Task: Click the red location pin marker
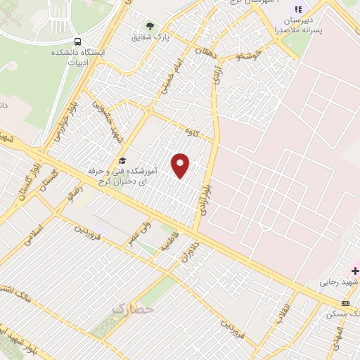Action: pyautogui.click(x=181, y=165)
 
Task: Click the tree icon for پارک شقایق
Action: pyautogui.click(x=149, y=26)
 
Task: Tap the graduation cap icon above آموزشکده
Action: pyautogui.click(x=122, y=161)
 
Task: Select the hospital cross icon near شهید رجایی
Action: pyautogui.click(x=355, y=270)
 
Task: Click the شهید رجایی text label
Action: pyautogui.click(x=340, y=282)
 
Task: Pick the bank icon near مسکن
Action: pyautogui.click(x=345, y=302)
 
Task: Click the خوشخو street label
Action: pyautogui.click(x=249, y=53)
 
